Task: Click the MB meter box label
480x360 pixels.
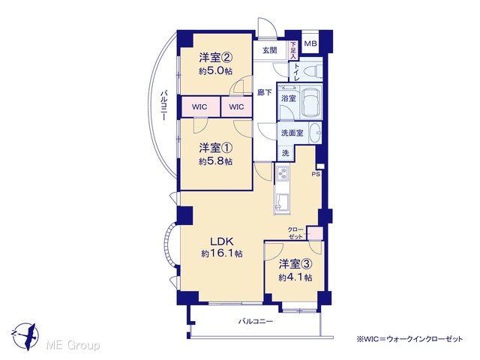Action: (310, 43)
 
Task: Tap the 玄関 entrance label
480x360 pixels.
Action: (270, 50)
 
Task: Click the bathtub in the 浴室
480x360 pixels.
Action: (311, 100)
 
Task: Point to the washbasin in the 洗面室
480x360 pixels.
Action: (315, 133)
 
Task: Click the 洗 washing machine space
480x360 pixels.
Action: (285, 153)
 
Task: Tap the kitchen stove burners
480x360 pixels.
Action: (282, 174)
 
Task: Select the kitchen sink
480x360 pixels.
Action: (282, 202)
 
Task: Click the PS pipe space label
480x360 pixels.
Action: (316, 174)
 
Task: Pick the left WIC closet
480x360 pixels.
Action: (200, 106)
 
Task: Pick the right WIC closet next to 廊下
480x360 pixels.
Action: (237, 106)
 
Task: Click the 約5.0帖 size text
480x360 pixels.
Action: (215, 71)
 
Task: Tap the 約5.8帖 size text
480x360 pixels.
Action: (215, 161)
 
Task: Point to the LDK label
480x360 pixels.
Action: (222, 241)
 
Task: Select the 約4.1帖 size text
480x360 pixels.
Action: (295, 277)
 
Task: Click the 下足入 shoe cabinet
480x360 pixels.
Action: (293, 50)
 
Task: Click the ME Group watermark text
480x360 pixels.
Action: (73, 345)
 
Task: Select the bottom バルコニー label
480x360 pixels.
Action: (256, 322)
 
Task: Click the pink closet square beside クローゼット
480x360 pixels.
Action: (315, 233)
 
